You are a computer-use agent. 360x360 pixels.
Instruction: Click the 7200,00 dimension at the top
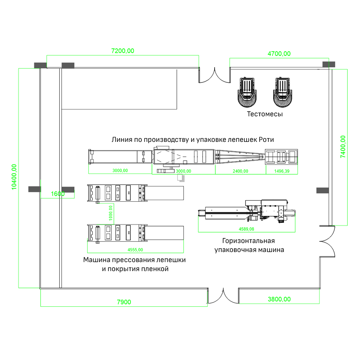123,51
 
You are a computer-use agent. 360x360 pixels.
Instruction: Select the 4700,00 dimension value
279,54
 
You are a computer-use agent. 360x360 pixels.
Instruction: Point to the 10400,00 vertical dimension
14,177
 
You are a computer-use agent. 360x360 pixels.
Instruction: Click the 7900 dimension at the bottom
124,302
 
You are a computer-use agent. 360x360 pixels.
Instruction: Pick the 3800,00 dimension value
279,299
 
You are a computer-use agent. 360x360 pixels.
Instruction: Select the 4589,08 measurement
246,229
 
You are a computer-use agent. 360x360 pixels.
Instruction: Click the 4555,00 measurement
135,249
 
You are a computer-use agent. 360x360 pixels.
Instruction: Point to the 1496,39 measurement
281,171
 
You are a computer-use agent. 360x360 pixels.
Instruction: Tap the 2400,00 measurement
240,171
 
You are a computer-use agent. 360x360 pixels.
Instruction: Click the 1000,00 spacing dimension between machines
111,213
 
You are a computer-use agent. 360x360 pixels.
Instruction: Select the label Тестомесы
265,114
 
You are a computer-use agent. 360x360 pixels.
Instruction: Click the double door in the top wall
215,75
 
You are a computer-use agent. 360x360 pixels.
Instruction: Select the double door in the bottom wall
223,296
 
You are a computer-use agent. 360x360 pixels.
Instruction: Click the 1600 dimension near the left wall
58,194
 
